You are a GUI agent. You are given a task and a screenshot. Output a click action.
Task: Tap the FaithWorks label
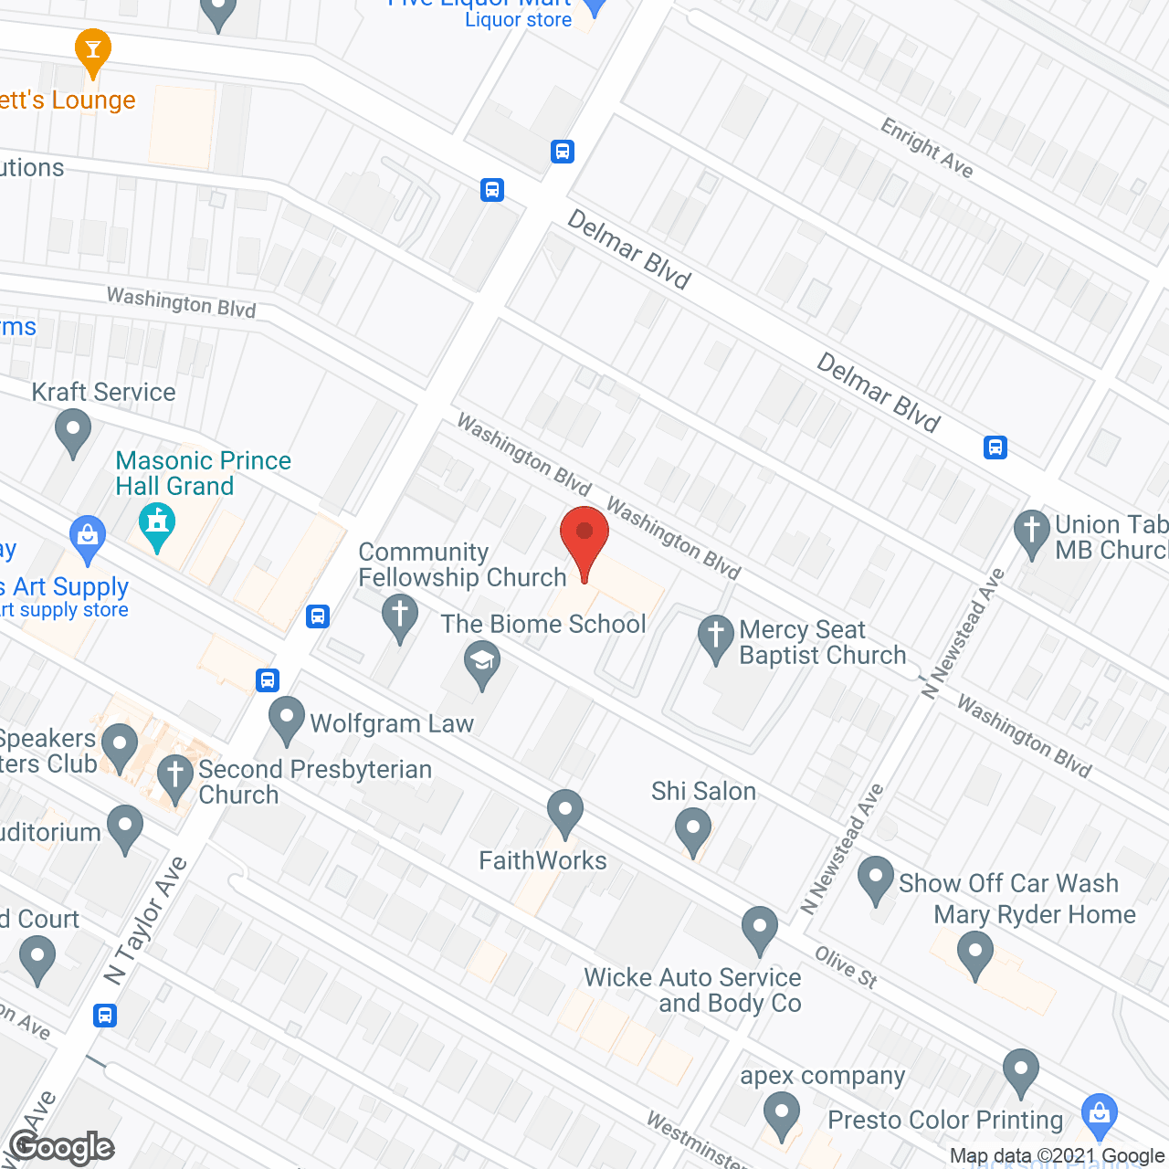tap(542, 860)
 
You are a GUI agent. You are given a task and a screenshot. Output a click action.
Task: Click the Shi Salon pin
tap(693, 831)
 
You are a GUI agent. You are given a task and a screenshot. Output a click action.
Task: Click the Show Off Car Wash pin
tap(876, 878)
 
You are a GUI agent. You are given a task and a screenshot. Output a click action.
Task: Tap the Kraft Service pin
tap(73, 431)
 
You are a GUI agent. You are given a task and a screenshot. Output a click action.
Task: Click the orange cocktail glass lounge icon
tap(93, 49)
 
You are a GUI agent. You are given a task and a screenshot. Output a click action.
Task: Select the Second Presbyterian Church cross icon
tap(174, 777)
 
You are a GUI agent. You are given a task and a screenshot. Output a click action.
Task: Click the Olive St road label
tap(846, 968)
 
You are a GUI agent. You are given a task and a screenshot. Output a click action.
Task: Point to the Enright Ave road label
tap(927, 147)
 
